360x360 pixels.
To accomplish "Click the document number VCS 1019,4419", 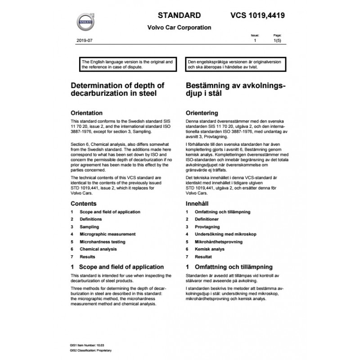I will [255, 15].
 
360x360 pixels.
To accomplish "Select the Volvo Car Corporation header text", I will [179, 27].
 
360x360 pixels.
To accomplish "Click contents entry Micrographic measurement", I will [107, 234].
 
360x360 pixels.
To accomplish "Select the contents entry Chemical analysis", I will [98, 249].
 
